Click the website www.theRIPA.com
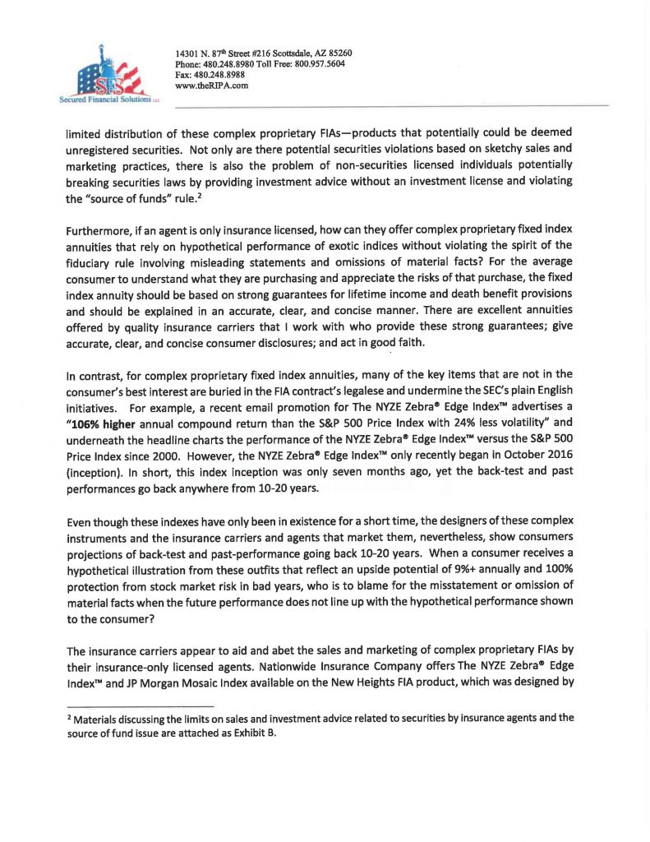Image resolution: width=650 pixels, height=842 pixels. click(212, 85)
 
